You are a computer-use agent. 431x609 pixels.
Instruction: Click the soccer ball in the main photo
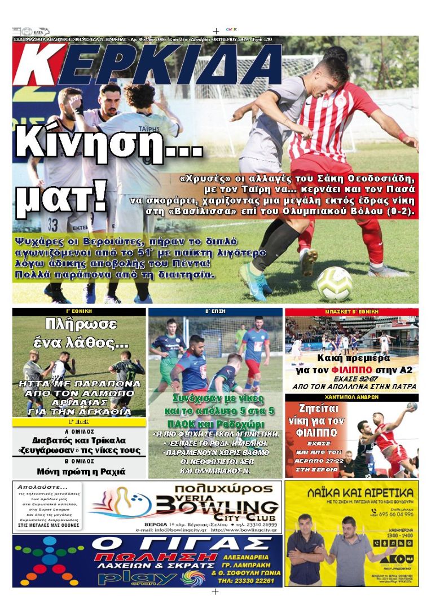(334, 284)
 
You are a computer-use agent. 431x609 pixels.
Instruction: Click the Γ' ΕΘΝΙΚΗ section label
(79, 311)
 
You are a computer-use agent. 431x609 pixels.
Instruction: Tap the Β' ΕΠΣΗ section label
(215, 311)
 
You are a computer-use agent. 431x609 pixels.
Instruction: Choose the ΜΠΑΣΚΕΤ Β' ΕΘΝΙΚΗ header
(351, 311)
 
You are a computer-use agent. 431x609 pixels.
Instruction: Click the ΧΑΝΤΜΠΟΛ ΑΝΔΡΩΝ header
(351, 397)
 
